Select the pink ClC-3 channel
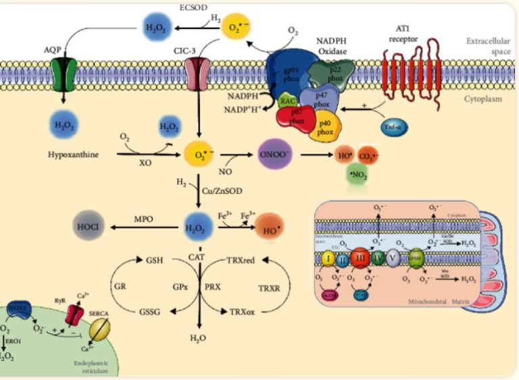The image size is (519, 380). [x=198, y=74]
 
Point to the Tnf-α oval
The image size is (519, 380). [x=393, y=129]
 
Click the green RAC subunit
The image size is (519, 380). [x=287, y=102]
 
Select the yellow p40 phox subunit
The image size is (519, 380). [x=327, y=127]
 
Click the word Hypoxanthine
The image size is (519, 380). [x=74, y=155]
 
